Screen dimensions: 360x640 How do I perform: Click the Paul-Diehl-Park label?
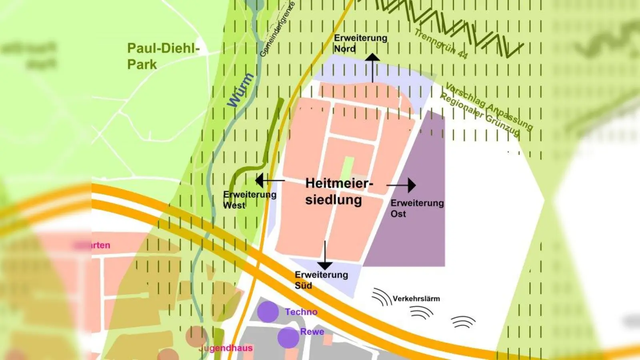(163, 56)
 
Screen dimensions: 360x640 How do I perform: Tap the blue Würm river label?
(240, 90)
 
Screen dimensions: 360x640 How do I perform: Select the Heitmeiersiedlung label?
(338, 192)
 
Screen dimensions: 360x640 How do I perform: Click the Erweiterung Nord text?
(360, 43)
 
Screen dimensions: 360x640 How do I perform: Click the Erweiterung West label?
(249, 200)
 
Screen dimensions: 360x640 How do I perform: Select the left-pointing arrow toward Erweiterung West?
(270, 181)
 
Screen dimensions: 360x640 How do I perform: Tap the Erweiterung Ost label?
(417, 208)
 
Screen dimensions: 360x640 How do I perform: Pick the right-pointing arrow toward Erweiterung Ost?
(402, 185)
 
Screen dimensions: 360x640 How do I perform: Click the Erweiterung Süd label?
(321, 280)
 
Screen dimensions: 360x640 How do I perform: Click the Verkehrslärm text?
(416, 299)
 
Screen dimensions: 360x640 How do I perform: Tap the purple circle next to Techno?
(268, 312)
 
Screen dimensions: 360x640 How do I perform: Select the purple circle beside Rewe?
(288, 338)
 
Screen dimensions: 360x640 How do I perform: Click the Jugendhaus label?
(226, 348)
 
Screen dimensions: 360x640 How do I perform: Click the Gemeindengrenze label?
(277, 29)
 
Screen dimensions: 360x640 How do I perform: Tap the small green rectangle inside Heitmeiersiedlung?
(348, 168)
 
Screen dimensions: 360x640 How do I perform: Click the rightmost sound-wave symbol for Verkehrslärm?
(463, 322)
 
